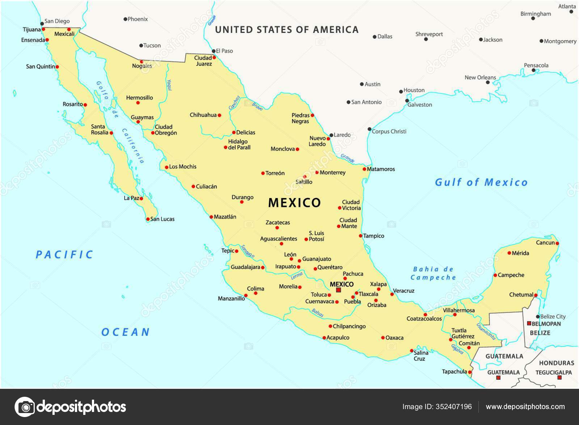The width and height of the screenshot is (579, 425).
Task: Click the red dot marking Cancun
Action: coord(557,243)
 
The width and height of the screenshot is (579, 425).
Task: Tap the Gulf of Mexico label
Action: coord(481,182)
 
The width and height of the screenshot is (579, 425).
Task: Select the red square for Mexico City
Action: coord(338,290)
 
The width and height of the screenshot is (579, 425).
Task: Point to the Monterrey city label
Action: coord(333,173)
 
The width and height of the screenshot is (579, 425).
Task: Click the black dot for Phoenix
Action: coord(126,19)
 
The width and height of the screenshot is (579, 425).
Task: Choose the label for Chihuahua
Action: coord(203,115)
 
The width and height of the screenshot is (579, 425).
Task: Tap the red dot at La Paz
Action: coord(141,198)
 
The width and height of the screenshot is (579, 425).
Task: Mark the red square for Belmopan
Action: coord(529,323)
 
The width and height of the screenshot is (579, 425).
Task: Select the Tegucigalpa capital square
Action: coord(559,378)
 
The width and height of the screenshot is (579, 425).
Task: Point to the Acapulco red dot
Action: coord(324,338)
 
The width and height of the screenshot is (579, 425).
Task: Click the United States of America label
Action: coord(287,30)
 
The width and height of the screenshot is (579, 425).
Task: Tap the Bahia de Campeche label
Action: coord(433,273)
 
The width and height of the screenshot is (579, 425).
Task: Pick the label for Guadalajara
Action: coord(245,267)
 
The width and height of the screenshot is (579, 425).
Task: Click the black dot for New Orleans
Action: coord(488,83)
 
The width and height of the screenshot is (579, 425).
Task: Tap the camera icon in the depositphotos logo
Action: coord(25,407)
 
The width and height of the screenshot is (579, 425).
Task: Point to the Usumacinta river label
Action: coord(486,331)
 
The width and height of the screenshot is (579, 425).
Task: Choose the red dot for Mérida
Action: coord(509,253)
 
